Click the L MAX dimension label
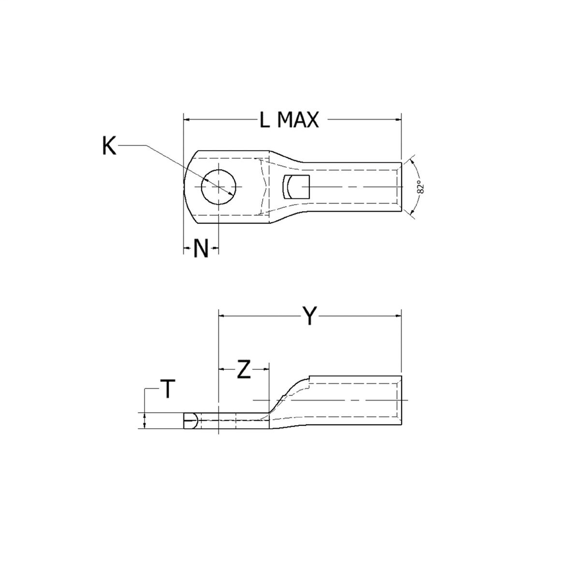pos(289,120)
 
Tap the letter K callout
pos(109,146)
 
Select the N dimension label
pos(201,248)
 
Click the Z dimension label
pos(244,369)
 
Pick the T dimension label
pos(168,390)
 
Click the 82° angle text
pos(420,188)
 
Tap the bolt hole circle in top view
pos(219,187)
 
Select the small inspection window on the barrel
pos(296,187)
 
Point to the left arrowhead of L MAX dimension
pos(187,120)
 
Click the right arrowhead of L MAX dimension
pos(398,120)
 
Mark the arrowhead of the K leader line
pos(232,194)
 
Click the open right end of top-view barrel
pos(402,187)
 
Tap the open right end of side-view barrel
pos(402,401)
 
